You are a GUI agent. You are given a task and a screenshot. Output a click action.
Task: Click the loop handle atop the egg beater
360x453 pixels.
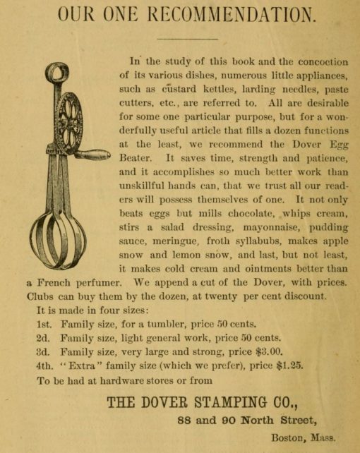pos(57,73)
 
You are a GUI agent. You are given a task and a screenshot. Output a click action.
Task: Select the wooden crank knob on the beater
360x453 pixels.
pos(92,155)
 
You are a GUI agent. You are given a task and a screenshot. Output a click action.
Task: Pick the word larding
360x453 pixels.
pos(251,90)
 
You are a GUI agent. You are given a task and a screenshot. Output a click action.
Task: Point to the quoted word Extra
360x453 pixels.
pos(89,366)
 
